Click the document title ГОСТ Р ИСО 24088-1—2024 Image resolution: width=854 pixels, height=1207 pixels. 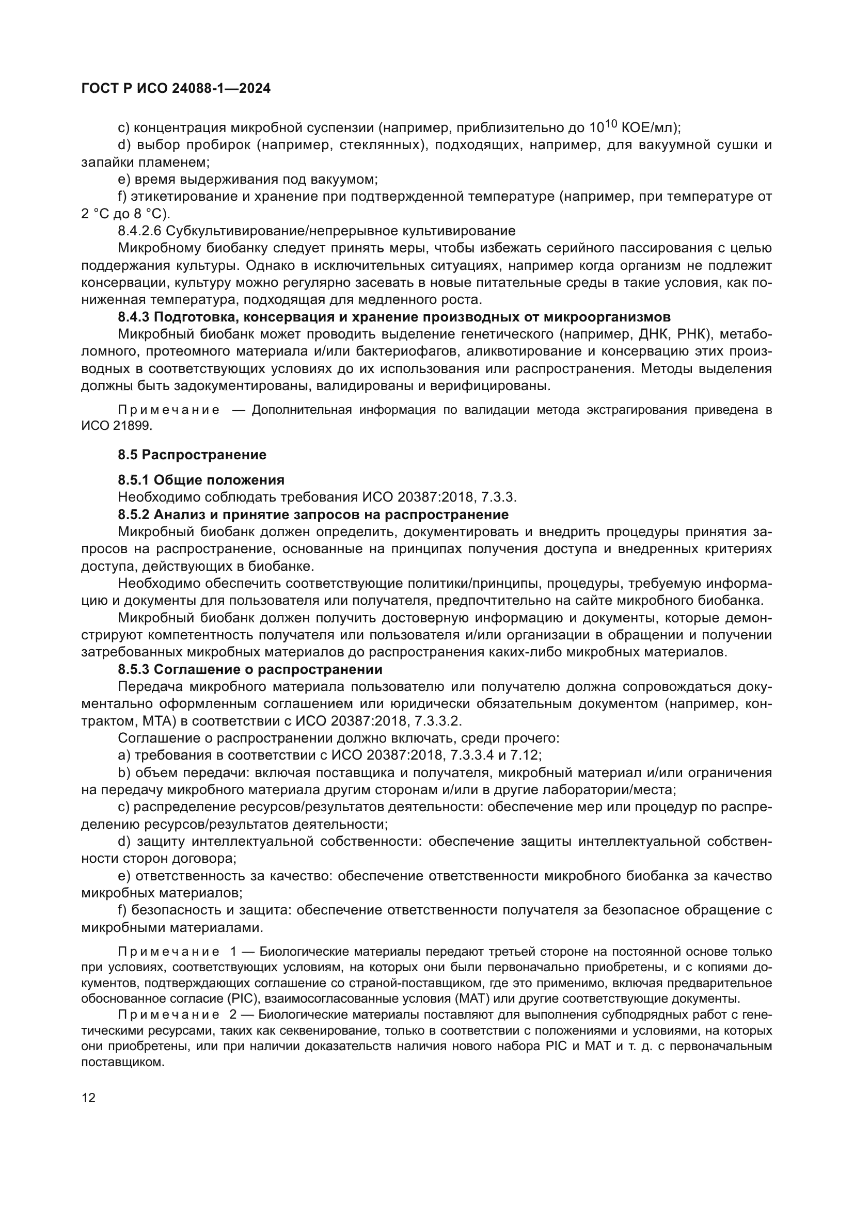[176, 89]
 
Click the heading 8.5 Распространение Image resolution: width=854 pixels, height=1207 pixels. [192, 455]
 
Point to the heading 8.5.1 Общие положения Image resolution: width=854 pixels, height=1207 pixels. [201, 480]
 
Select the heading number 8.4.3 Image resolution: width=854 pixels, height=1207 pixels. [134, 317]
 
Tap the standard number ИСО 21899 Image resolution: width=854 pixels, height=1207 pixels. [116, 426]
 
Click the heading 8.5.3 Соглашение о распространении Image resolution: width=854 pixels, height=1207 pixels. [250, 670]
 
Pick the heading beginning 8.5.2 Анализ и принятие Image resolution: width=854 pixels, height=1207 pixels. [313, 514]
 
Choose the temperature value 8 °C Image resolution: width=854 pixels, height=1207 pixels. [155, 214]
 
